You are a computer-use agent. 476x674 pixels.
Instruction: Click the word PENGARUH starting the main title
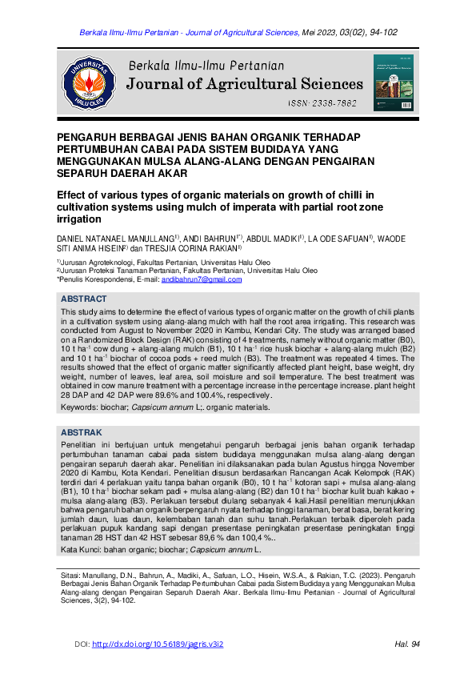(x=90, y=137)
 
